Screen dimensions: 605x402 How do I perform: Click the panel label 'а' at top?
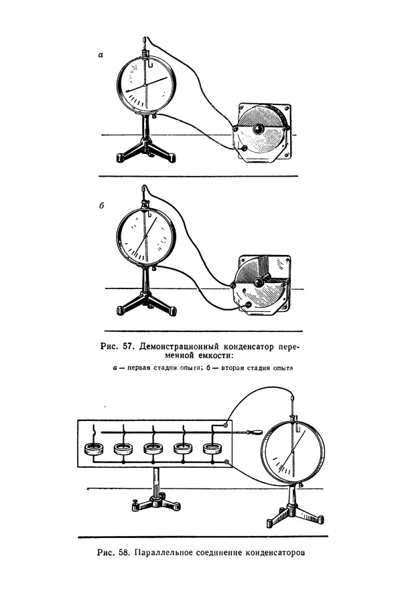[100, 56]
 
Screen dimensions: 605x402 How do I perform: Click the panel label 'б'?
[100, 206]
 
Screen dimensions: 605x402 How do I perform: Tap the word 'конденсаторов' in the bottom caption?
[274, 553]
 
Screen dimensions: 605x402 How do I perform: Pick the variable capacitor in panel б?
[261, 284]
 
